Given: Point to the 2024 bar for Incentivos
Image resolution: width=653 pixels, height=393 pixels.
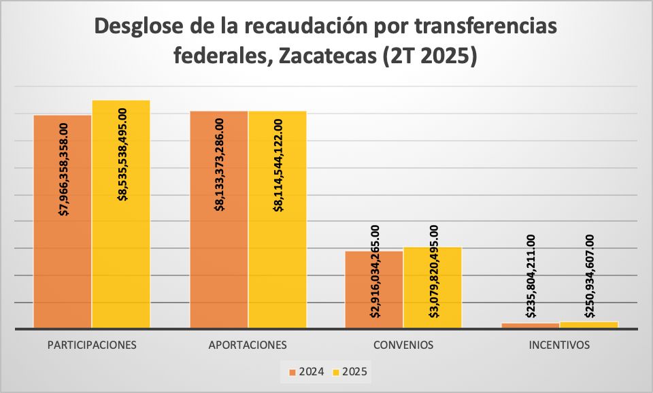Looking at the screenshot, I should (x=531, y=326).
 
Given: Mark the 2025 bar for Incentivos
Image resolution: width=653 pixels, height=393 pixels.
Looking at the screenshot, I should (x=589, y=325).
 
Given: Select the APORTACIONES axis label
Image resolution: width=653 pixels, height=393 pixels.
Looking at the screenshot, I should (x=248, y=345).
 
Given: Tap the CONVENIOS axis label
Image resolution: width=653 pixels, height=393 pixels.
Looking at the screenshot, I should (x=403, y=345).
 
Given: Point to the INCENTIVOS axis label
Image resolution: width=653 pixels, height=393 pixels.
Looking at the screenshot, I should (x=559, y=345).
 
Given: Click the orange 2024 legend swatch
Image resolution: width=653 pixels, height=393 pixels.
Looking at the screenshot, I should (x=292, y=372).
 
